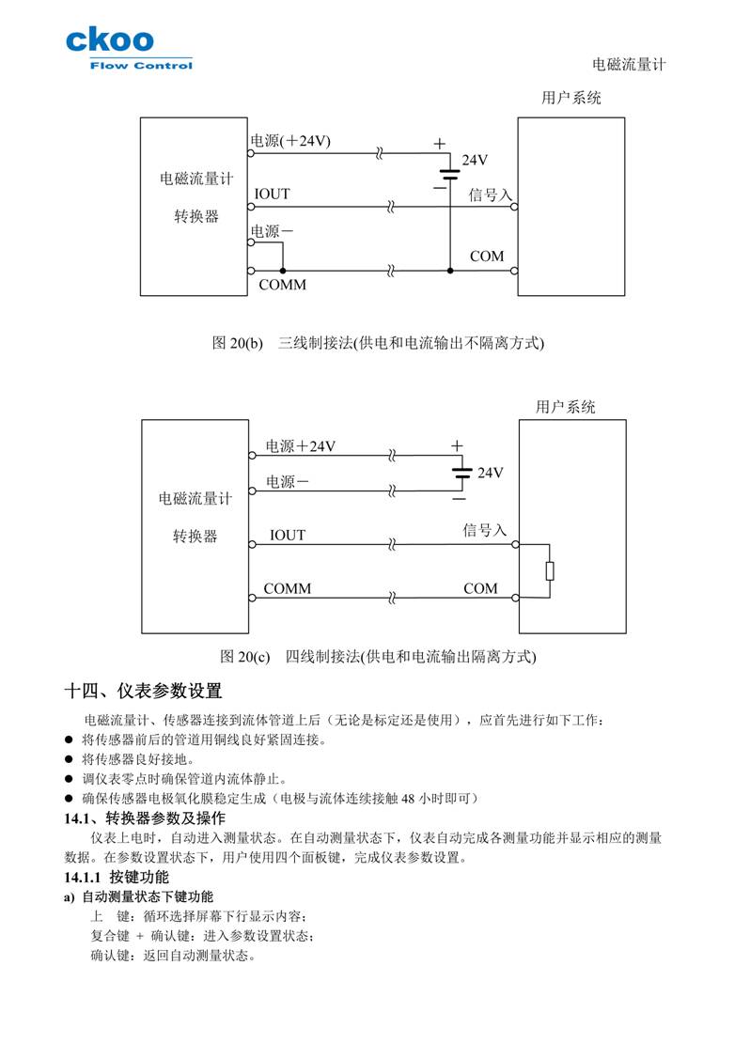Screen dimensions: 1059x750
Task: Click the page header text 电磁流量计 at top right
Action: [x=629, y=65]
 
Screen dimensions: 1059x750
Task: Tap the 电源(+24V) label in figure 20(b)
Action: [x=290, y=141]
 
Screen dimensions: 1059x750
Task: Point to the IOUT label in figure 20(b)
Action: [x=272, y=195]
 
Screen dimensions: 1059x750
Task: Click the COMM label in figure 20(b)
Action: [x=282, y=285]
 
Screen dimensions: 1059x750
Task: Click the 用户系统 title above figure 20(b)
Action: [x=571, y=97]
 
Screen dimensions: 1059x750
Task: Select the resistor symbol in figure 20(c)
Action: [x=550, y=570]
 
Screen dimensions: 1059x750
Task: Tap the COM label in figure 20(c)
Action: [x=480, y=588]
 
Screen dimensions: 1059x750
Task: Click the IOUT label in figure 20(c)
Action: [x=288, y=536]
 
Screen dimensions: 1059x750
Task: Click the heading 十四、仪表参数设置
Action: [x=143, y=692]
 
